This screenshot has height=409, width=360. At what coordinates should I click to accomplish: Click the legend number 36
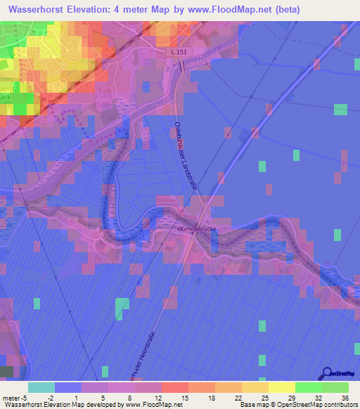pos(344,397)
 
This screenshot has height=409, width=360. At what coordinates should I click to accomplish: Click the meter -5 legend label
pos(14,397)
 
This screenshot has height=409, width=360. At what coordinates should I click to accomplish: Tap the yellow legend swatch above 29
pos(281,387)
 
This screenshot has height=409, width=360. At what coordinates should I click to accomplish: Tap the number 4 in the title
pos(133,10)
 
